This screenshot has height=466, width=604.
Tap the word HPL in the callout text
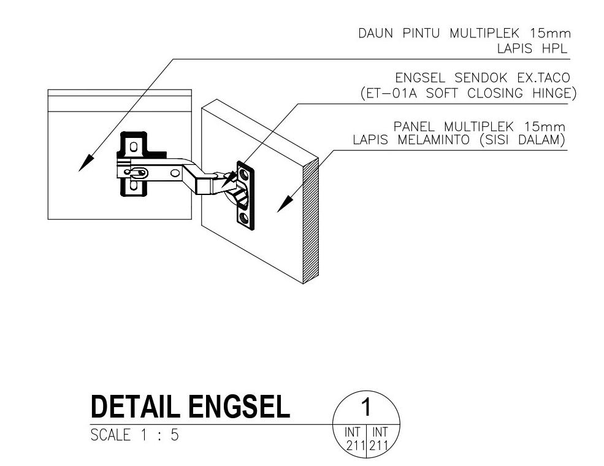554,48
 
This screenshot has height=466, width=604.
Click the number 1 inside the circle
365,407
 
